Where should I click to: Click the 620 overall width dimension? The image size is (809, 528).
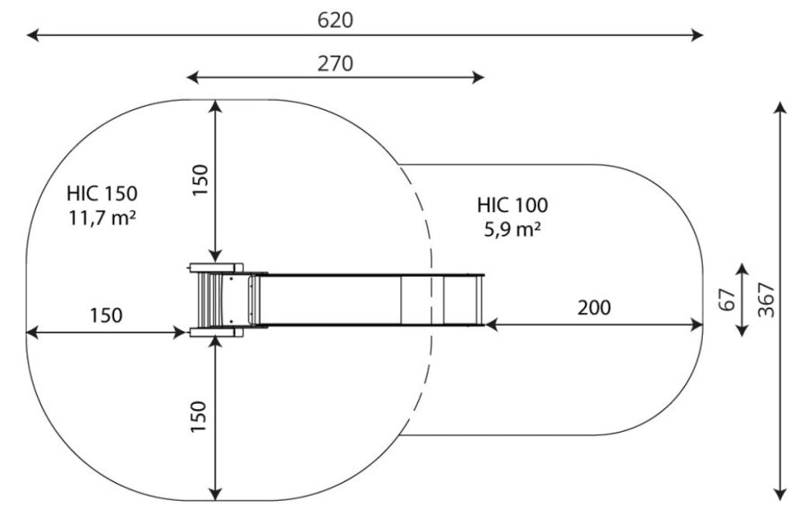(335, 20)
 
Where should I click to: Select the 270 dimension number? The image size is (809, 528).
(335, 64)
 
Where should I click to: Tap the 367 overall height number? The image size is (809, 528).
(768, 300)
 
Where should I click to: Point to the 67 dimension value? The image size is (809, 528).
(727, 300)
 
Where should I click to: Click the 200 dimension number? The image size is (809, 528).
(594, 308)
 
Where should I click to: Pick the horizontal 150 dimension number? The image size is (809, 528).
(106, 316)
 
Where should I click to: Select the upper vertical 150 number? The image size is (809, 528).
(200, 180)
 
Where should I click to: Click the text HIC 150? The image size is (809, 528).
(102, 193)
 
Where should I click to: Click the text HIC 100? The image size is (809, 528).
(512, 205)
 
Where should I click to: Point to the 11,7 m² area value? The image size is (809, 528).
(102, 219)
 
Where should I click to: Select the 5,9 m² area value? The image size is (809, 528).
(512, 229)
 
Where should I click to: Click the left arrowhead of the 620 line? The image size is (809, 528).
(32, 35)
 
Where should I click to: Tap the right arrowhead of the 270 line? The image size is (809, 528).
(478, 78)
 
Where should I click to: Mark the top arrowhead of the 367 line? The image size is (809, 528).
(780, 107)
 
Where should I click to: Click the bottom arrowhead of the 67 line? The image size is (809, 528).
(742, 331)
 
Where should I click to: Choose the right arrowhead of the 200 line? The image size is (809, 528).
(697, 325)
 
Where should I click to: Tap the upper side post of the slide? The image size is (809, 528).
(216, 268)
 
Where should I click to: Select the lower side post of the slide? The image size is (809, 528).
(216, 332)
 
